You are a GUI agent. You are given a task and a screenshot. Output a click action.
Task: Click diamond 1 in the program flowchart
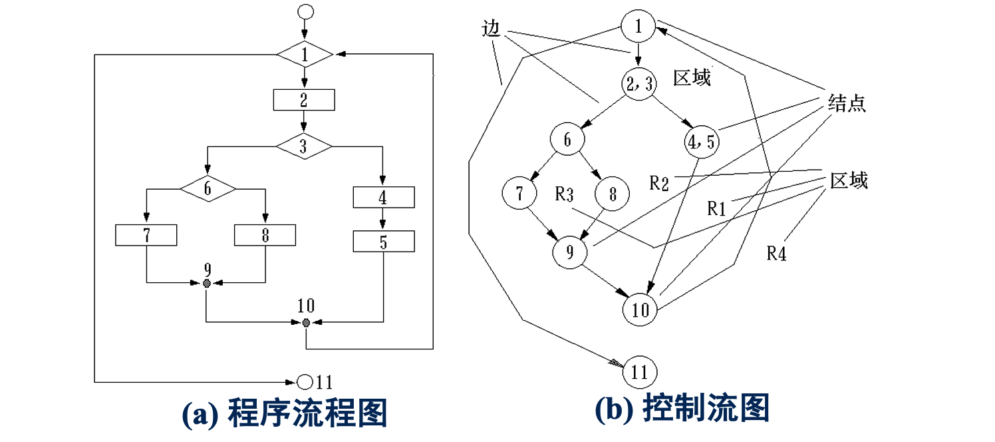click(304, 55)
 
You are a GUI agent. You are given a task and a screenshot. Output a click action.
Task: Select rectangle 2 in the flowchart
click(304, 101)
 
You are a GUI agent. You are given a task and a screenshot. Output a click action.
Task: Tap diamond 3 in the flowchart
click(304, 146)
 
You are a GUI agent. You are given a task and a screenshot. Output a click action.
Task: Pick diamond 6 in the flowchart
click(208, 189)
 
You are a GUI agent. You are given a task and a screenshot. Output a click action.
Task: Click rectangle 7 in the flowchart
click(146, 236)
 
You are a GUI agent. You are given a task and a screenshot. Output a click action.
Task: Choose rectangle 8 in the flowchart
click(265, 236)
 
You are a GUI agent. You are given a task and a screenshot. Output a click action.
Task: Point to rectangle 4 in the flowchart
click(383, 198)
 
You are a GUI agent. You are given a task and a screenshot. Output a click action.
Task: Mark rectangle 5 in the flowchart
click(383, 242)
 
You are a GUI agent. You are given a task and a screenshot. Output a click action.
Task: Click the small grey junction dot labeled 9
click(207, 284)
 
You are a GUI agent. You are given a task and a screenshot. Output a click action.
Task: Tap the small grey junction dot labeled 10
click(306, 323)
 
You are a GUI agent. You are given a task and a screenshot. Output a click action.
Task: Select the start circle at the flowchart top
click(305, 11)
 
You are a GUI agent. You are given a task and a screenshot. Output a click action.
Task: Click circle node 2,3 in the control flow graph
click(639, 85)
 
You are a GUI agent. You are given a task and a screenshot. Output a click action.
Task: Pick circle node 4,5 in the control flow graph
click(702, 141)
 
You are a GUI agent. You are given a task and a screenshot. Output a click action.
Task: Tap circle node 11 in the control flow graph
click(639, 372)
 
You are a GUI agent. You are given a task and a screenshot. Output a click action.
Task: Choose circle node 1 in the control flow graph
click(639, 26)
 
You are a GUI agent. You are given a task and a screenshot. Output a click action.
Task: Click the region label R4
click(776, 254)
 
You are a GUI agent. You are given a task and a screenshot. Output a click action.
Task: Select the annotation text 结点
click(847, 104)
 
